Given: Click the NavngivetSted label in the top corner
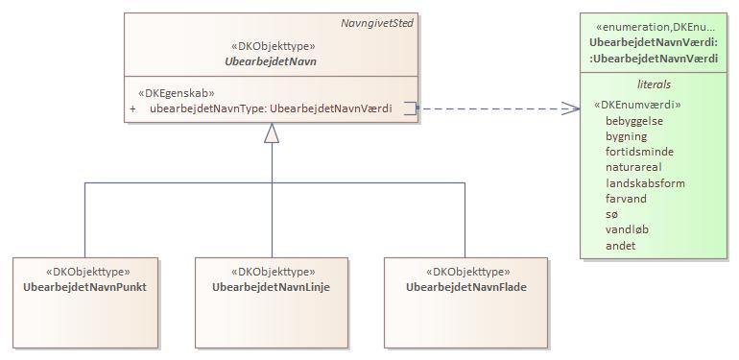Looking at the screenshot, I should coord(377,23).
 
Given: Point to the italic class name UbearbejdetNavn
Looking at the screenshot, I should coord(273,61).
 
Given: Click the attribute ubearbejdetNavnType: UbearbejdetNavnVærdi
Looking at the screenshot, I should coord(271,108).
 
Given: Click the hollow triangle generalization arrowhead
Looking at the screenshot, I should coord(273,134).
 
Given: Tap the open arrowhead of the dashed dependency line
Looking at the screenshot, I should coord(570,108).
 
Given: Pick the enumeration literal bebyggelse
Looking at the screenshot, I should coord(633,120).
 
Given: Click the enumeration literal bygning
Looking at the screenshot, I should coord(626,136).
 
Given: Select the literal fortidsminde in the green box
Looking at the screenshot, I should coord(639,152).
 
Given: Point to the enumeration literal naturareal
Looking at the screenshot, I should coord(633,167).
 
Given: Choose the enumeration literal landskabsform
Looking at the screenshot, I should coord(645,183).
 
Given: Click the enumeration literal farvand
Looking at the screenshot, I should coord(627,199).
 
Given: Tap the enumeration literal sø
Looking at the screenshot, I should coord(611,215).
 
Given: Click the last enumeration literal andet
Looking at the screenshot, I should coord(620,246).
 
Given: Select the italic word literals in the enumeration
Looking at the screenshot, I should coord(655,84).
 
